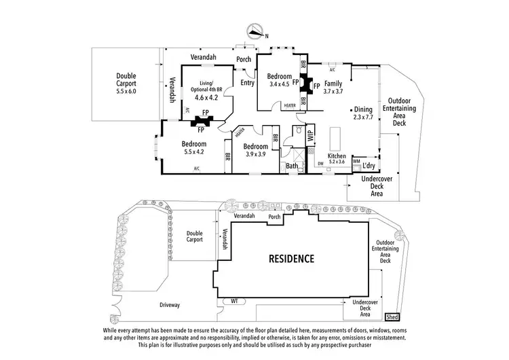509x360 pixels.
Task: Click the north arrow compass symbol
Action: [256, 31]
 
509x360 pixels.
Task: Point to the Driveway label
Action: [170, 305]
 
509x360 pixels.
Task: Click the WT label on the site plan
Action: [233, 300]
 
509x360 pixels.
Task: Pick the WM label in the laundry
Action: [356, 161]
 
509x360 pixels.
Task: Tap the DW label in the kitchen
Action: [320, 164]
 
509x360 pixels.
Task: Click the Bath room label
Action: [292, 165]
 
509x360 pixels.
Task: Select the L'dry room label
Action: [369, 165]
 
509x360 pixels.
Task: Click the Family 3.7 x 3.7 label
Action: [335, 87]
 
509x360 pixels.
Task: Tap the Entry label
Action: [248, 83]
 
